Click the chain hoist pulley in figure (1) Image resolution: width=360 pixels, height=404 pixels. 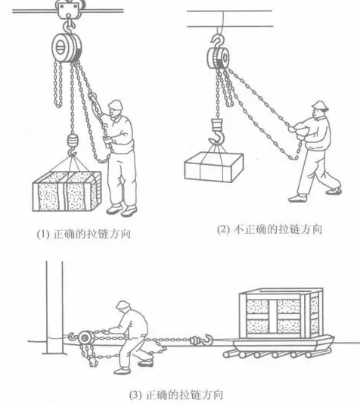point(67,47)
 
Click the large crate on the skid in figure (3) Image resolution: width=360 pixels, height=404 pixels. point(281,314)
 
